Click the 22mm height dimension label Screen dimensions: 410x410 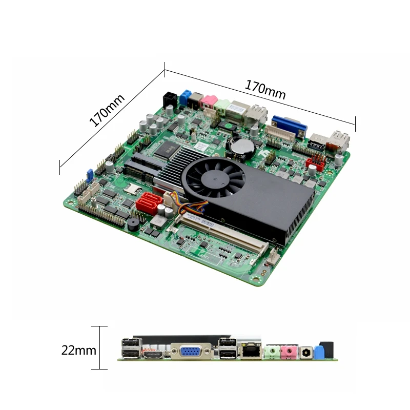[x=78, y=351]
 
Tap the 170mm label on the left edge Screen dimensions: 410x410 [x=107, y=110]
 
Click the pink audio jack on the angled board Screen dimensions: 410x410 [x=209, y=101]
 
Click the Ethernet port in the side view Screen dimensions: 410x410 [x=251, y=351]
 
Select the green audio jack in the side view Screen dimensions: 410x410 [x=272, y=352]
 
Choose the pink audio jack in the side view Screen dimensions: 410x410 [x=290, y=352]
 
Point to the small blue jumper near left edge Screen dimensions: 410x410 [x=88, y=175]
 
